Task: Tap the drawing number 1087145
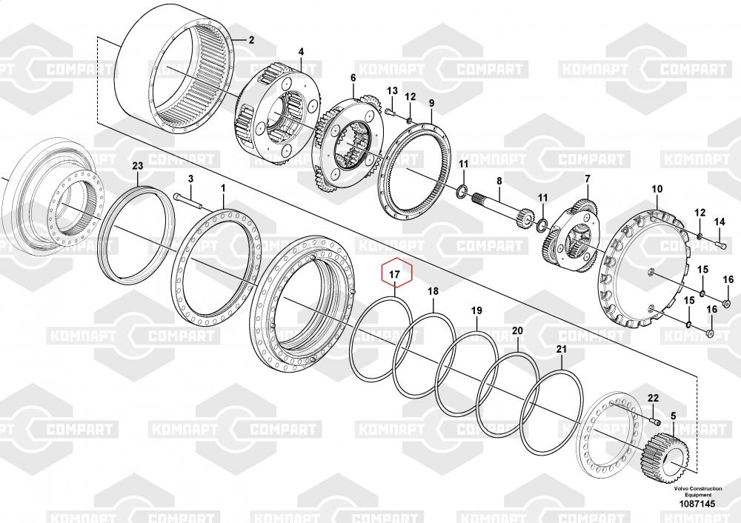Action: point(697,504)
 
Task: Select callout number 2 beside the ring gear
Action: point(251,40)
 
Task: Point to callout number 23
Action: point(138,166)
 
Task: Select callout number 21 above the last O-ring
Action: point(561,350)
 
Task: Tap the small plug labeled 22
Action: point(655,421)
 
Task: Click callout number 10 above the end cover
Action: point(657,190)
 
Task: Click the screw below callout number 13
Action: point(390,112)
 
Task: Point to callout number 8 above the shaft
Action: point(499,181)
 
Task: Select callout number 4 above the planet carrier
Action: point(301,52)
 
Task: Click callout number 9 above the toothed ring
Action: point(431,103)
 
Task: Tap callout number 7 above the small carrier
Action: point(588,179)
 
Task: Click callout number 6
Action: point(353,77)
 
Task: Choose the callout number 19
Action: point(476,310)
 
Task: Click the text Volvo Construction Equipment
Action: point(698,491)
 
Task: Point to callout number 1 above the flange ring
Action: point(223,188)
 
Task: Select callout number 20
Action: point(517,330)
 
